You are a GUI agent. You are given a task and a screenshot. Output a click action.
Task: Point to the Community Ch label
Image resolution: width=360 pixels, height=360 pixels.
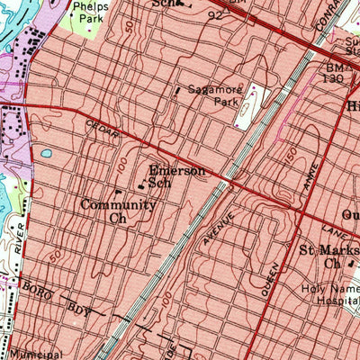pyautogui.click(x=118, y=211)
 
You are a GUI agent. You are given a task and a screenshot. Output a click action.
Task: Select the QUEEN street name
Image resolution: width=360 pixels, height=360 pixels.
pyautogui.click(x=270, y=275)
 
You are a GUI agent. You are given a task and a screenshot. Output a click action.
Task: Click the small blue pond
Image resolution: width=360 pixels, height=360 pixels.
pyautogui.click(x=45, y=154)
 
